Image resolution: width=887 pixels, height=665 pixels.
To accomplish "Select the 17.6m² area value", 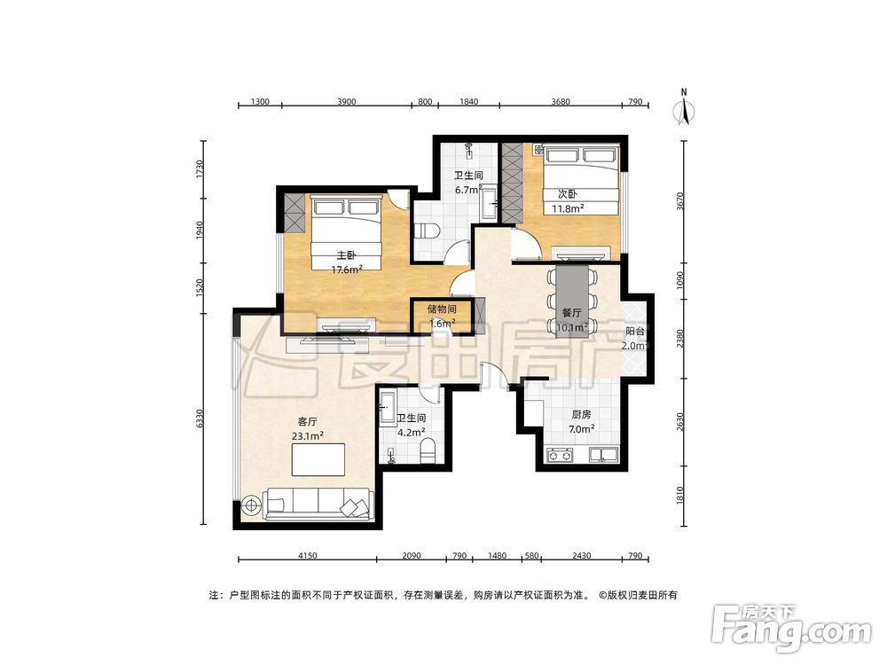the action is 346,270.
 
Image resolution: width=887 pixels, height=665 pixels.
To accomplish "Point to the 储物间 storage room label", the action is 442,309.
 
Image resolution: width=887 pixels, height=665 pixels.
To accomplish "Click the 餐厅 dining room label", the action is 571,313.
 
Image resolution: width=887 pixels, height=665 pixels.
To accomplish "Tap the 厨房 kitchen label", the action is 581,415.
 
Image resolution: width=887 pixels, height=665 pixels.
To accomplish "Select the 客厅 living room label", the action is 307,421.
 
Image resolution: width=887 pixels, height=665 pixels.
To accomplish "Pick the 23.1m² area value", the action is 307,435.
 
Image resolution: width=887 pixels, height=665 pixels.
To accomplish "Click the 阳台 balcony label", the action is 635,332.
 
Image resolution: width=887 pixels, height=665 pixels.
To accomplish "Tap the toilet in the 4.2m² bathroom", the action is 428,450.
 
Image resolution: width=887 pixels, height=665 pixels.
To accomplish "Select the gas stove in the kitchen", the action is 558,455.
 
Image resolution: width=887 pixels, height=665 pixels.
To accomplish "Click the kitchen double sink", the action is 603,454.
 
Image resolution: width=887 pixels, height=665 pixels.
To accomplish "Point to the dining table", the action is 572,301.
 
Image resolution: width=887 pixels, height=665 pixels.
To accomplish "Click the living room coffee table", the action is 318,459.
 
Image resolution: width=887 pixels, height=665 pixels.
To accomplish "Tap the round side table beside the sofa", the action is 251,504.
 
